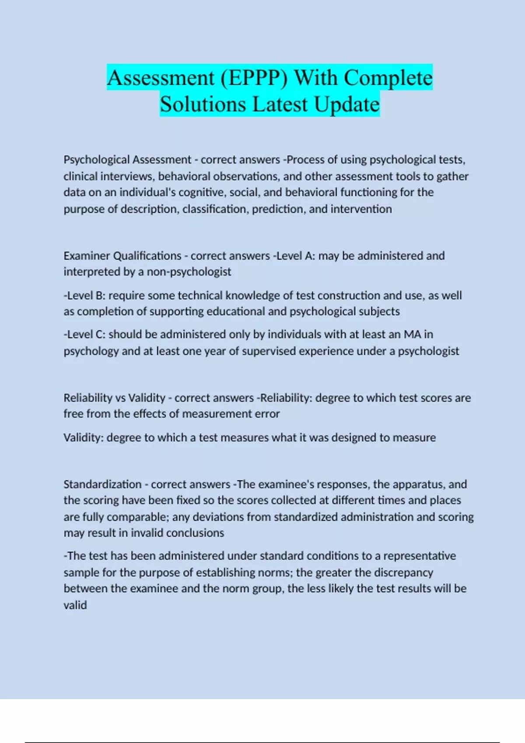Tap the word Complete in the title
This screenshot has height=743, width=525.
pyautogui.click(x=388, y=78)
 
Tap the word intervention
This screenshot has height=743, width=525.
pyautogui.click(x=361, y=209)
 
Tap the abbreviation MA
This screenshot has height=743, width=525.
pyautogui.click(x=412, y=334)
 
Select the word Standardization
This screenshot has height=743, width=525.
pyautogui.click(x=102, y=484)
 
